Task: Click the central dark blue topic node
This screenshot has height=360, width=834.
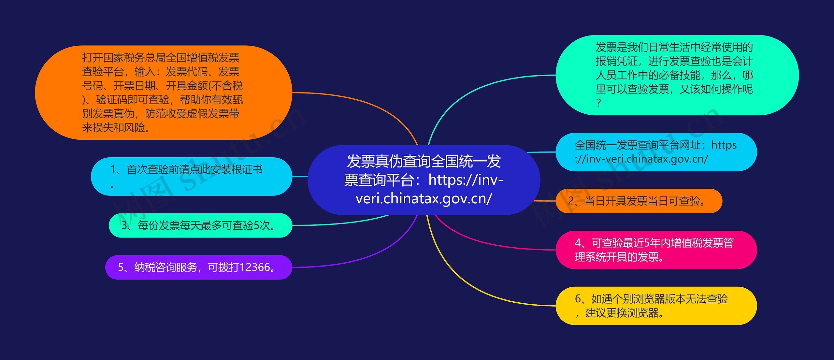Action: [424, 180]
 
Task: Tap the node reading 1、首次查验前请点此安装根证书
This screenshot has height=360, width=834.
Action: [192, 177]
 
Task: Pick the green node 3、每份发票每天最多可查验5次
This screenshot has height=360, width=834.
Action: [200, 225]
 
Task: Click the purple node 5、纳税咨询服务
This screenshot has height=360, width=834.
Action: [199, 267]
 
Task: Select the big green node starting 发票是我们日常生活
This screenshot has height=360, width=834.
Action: [677, 75]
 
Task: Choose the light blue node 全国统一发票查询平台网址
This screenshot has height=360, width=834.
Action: [656, 152]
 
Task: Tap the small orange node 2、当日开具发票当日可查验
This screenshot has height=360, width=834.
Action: [639, 201]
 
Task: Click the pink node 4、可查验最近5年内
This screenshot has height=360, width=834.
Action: [656, 250]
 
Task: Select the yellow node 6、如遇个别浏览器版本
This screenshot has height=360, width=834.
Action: [656, 306]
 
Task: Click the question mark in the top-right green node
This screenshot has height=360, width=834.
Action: [598, 103]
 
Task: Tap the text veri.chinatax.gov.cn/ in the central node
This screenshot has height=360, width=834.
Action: [424, 198]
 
